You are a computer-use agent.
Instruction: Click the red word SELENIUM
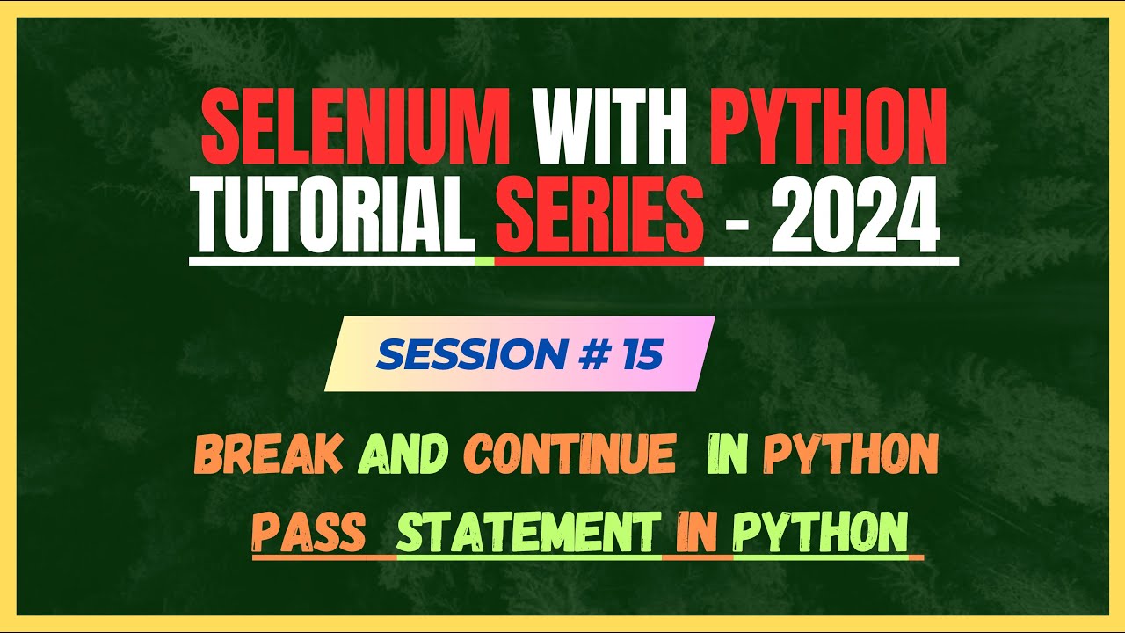click(356, 133)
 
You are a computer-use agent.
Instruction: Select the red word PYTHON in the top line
click(828, 133)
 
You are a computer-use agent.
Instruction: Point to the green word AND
click(404, 455)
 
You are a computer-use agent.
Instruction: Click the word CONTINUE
click(570, 455)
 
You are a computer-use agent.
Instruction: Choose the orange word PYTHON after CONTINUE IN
click(850, 455)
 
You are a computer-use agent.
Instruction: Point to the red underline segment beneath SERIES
click(599, 261)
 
